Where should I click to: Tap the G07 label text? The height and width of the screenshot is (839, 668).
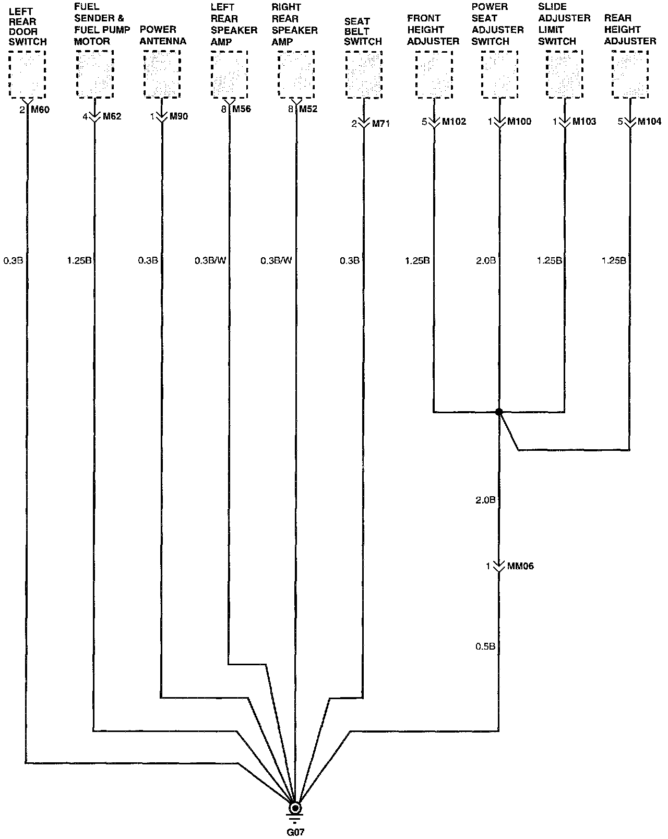[x=295, y=832]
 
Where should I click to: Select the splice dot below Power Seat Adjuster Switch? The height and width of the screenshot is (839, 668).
[x=499, y=412]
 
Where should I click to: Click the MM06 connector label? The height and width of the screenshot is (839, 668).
[x=520, y=566]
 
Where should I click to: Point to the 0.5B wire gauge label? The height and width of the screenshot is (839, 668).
[x=485, y=646]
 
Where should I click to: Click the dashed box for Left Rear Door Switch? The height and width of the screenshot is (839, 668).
[x=28, y=74]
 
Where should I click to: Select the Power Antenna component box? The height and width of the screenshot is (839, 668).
[x=161, y=74]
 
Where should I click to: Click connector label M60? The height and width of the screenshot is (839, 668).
[x=40, y=110]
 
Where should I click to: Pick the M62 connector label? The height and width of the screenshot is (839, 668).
[x=112, y=116]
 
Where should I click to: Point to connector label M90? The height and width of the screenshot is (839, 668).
[x=178, y=116]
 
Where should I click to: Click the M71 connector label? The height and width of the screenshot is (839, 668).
[x=380, y=124]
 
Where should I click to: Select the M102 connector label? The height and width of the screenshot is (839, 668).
[x=454, y=122]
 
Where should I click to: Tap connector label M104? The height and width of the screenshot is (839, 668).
[x=649, y=122]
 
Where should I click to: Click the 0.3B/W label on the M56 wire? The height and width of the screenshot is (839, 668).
[x=210, y=260]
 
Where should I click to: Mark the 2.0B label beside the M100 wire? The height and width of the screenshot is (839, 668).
[x=485, y=260]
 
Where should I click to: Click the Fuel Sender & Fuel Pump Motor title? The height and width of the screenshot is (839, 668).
[x=101, y=24]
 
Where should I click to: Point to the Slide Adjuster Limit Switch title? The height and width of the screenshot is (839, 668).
[x=564, y=24]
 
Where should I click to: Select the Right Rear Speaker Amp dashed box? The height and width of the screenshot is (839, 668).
[x=296, y=74]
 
